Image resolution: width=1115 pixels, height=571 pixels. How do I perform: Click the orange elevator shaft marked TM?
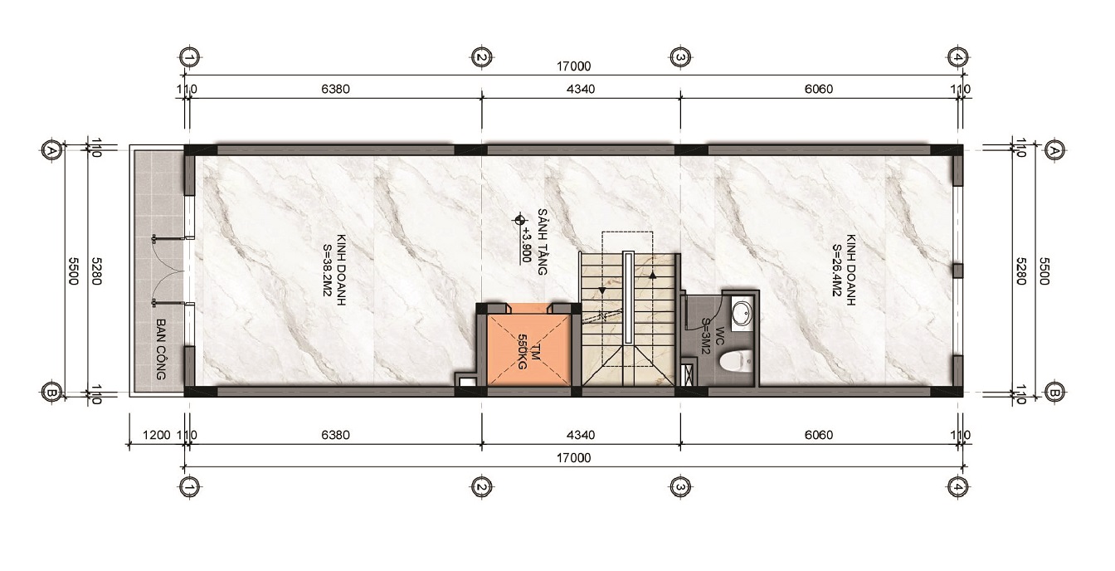coord(528,349)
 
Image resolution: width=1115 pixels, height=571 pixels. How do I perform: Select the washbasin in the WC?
coord(743,312)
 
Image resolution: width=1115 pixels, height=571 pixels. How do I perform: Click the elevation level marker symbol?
coord(519,219)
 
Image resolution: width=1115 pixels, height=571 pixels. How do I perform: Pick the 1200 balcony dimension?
coord(156,435)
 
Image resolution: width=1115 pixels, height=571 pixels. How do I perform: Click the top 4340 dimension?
coord(581,89)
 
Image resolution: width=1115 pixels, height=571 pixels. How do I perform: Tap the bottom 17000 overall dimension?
coord(573,458)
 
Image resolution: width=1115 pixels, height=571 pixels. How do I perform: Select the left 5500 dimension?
coord(73,271)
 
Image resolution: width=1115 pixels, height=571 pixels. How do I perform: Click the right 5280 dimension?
coord(1021,271)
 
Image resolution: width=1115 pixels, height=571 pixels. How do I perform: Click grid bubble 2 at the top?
coord(481,58)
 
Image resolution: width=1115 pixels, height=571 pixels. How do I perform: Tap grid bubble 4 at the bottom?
coord(957,487)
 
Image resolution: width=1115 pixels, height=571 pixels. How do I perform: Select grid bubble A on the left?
coord(51,149)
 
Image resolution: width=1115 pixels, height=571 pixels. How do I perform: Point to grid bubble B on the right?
coord(1054,393)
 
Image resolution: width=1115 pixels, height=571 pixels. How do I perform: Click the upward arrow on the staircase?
coord(652,275)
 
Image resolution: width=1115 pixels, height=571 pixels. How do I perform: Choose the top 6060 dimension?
coord(818,89)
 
